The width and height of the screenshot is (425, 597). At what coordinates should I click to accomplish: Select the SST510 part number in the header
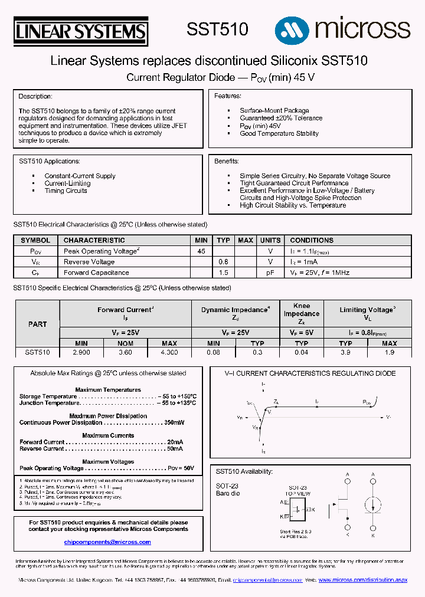point(217,29)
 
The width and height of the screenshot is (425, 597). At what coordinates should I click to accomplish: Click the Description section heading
point(35,96)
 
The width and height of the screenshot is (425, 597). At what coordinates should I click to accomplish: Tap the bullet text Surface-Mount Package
point(274,110)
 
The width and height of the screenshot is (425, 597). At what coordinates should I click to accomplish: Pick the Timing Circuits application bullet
point(66,191)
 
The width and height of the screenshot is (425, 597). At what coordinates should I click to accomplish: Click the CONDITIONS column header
point(312,240)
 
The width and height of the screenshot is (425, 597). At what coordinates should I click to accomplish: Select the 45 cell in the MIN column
point(201,251)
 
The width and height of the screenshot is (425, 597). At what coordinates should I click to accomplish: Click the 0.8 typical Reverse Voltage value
point(223,262)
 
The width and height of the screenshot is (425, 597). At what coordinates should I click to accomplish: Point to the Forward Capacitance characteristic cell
point(96,273)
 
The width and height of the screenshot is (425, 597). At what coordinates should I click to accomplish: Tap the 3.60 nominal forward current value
point(125,352)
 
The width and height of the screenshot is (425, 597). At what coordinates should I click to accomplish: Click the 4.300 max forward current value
point(169,352)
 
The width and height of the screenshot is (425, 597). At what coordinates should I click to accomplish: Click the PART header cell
point(37,324)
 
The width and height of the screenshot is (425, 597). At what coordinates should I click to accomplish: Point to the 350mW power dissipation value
point(174,422)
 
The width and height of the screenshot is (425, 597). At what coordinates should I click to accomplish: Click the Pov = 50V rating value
point(181,468)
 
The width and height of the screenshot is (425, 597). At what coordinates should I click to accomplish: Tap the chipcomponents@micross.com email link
point(107,542)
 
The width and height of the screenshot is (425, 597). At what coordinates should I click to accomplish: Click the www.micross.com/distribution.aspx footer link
point(363,580)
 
